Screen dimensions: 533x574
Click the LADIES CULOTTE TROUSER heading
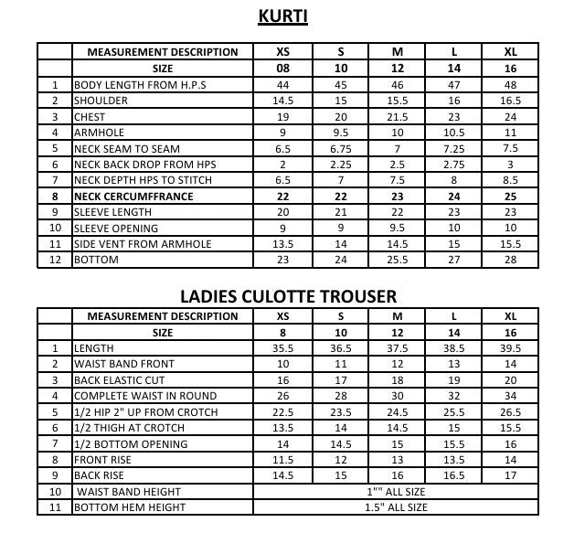pyautogui.click(x=288, y=295)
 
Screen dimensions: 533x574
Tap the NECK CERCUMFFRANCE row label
pyautogui.click(x=140, y=197)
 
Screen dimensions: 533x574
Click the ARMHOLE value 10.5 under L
pyautogui.click(x=454, y=133)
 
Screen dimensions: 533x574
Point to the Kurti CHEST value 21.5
pyautogui.click(x=397, y=117)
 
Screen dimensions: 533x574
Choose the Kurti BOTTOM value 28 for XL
pyautogui.click(x=510, y=261)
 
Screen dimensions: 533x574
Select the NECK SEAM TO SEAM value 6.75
pyautogui.click(x=340, y=149)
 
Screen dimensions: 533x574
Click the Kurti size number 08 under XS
pyautogui.click(x=283, y=69)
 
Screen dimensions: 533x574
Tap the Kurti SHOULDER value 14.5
pyautogui.click(x=283, y=101)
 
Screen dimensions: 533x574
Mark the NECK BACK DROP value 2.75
pyautogui.click(x=454, y=165)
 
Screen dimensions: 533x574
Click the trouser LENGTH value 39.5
pyautogui.click(x=510, y=348)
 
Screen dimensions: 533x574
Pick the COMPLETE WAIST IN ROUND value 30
pyautogui.click(x=397, y=396)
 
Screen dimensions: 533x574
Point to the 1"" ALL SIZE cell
pyautogui.click(x=396, y=491)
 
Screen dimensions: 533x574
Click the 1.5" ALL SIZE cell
pyautogui.click(x=396, y=507)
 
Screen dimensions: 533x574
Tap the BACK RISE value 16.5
pyautogui.click(x=454, y=475)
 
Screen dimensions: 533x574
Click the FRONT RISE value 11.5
pyautogui.click(x=283, y=460)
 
